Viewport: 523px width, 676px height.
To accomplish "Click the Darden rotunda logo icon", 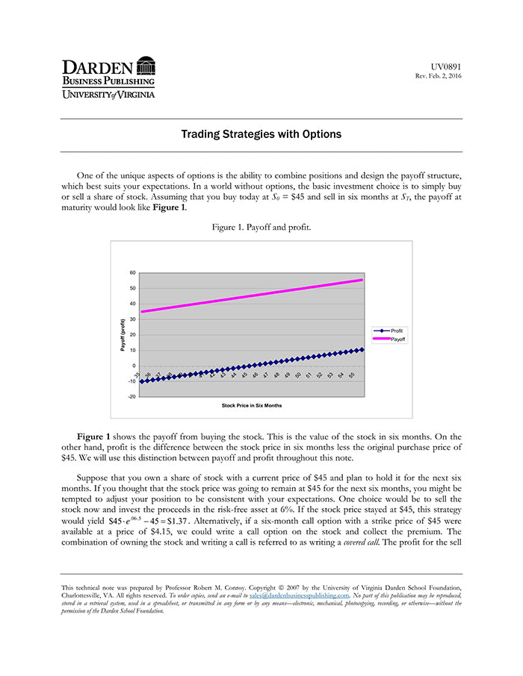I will pyautogui.click(x=146, y=66).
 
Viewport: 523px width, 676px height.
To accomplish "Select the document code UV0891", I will pyautogui.click(x=447, y=67).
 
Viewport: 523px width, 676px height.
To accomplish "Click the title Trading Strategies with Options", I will pyautogui.click(x=261, y=134).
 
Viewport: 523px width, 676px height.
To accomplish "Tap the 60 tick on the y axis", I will pyautogui.click(x=132, y=273).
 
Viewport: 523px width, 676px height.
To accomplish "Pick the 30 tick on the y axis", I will pyautogui.click(x=132, y=319).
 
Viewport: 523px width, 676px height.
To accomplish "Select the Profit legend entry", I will pyautogui.click(x=396, y=331).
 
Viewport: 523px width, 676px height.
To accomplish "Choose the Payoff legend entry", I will pyautogui.click(x=397, y=339).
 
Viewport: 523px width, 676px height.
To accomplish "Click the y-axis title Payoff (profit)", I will pyautogui.click(x=123, y=336).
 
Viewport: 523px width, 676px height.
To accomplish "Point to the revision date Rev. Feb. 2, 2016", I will pyautogui.click(x=439, y=76).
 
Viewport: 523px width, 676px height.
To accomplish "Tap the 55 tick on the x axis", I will pyautogui.click(x=352, y=375).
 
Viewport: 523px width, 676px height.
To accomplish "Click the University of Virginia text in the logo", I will pyautogui.click(x=109, y=94).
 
